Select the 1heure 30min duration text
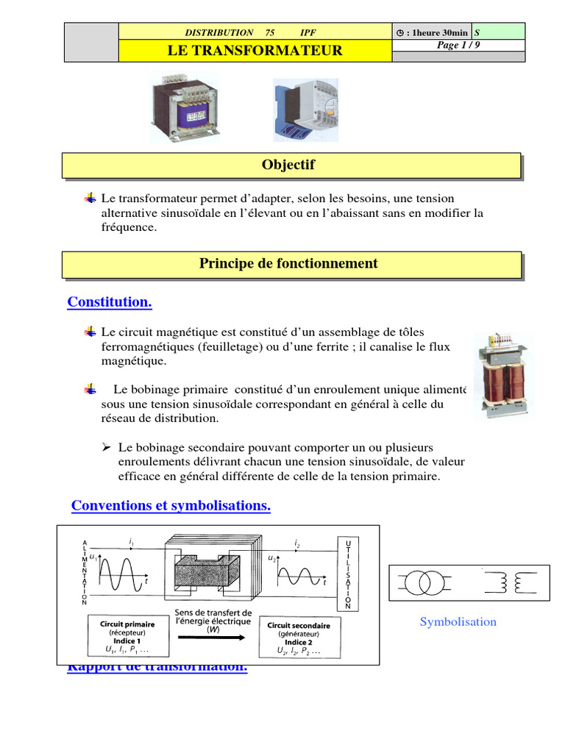(x=436, y=32)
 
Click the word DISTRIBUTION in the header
(x=218, y=32)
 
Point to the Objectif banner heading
(x=288, y=165)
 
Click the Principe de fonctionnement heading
(x=288, y=263)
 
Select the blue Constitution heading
(x=110, y=302)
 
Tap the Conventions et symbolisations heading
(x=171, y=506)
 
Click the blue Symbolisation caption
(x=458, y=622)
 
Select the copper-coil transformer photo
(x=504, y=375)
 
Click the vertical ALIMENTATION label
(x=85, y=571)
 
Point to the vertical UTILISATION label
(x=348, y=574)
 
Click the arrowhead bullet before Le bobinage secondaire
(x=106, y=447)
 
